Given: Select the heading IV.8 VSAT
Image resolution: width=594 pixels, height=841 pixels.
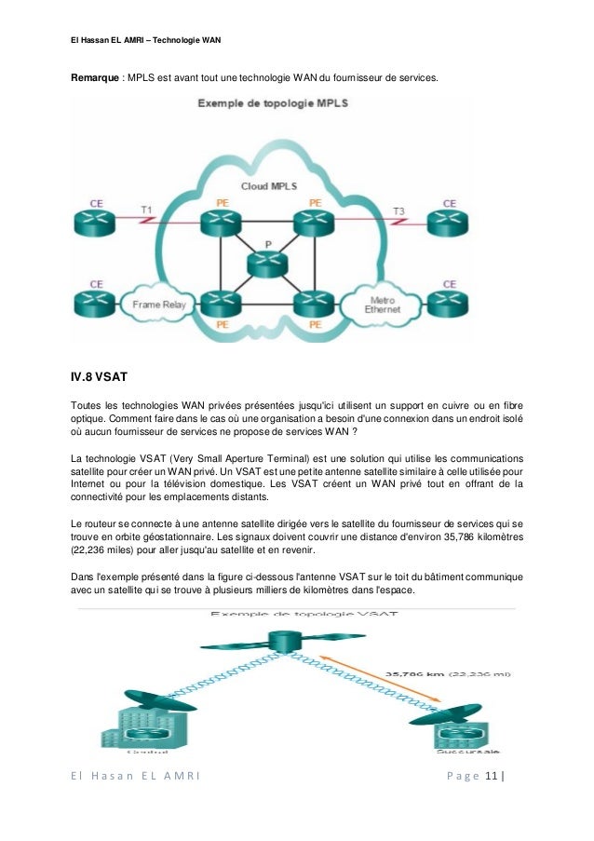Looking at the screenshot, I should pos(98,377).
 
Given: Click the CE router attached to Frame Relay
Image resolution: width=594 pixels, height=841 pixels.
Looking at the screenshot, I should pos(96,304).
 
